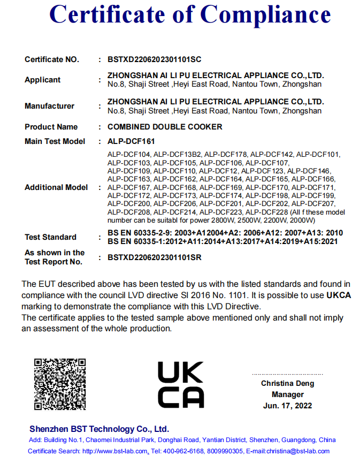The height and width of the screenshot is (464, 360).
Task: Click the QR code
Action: pyautogui.click(x=59, y=384)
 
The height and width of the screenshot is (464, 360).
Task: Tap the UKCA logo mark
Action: pyautogui.click(x=180, y=384)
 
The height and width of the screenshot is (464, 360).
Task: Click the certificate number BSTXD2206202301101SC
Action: pyautogui.click(x=154, y=59)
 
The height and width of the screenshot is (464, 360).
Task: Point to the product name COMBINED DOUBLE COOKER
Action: pyautogui.click(x=165, y=127)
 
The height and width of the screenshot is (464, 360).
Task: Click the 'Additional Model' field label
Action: pyautogui.click(x=56, y=187)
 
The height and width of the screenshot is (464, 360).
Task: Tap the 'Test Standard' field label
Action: pyautogui.click(x=50, y=237)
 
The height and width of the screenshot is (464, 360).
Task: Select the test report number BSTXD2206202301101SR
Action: pyautogui.click(x=154, y=257)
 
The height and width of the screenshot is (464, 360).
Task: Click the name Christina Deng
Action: pyautogui.click(x=287, y=383)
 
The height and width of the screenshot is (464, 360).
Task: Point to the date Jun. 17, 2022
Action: pyautogui.click(x=287, y=406)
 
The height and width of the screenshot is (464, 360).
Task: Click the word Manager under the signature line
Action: pyautogui.click(x=287, y=394)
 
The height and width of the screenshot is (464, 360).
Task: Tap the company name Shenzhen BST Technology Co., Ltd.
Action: pyautogui.click(x=99, y=429)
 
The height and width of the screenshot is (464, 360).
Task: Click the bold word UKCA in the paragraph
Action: pyautogui.click(x=338, y=295)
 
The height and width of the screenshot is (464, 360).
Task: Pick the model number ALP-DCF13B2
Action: pyautogui.click(x=177, y=155)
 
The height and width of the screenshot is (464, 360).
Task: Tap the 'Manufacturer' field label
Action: pyautogui.click(x=49, y=106)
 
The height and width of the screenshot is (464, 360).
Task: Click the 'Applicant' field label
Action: pyautogui.click(x=43, y=80)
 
